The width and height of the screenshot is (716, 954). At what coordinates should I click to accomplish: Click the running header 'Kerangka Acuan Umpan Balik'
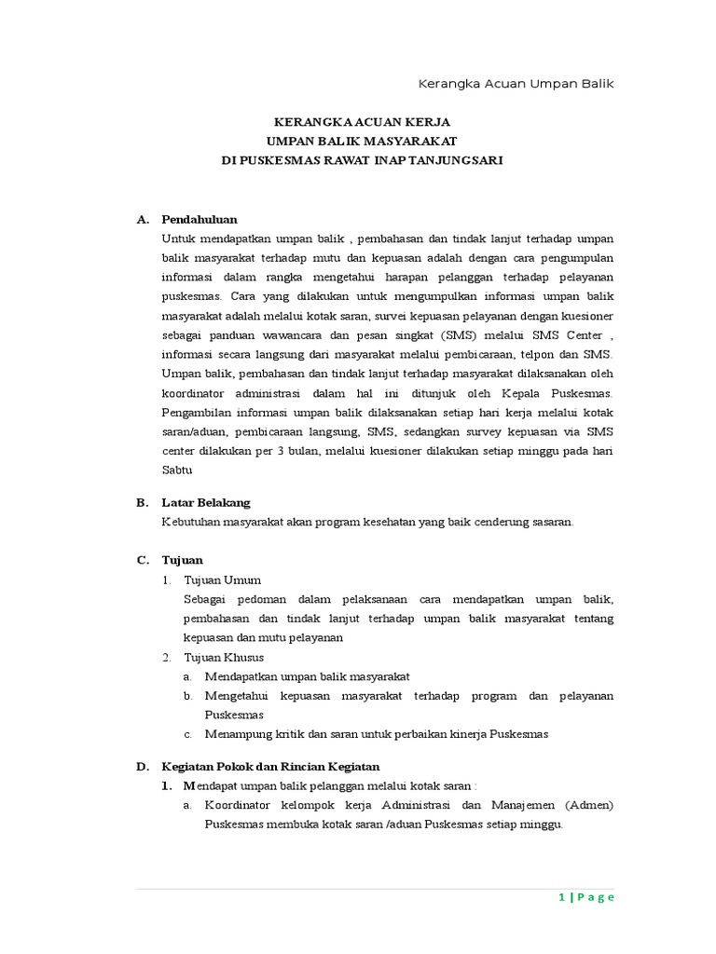coord(516,83)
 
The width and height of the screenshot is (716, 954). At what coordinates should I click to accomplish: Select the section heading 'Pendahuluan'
coord(200,219)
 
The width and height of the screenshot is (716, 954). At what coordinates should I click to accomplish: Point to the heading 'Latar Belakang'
coord(206,502)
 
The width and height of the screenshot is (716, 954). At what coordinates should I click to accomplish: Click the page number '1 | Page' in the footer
coord(586,897)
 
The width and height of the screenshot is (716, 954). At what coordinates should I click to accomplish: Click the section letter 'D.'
coord(143,766)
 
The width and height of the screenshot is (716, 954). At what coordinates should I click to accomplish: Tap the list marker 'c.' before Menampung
coord(187,734)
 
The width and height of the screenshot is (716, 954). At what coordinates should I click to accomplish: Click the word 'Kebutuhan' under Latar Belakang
coord(190,522)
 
